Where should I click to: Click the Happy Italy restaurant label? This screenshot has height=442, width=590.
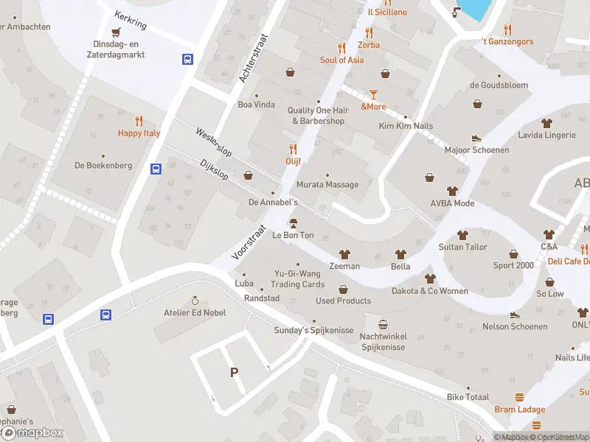click(139, 133)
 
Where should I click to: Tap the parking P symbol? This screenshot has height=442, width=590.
click(235, 373)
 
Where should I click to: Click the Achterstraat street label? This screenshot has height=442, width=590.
click(255, 58)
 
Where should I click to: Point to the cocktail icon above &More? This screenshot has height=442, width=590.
click(373, 94)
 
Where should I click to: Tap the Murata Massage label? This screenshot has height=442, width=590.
click(327, 185)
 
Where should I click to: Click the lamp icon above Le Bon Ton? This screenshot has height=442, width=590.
click(293, 223)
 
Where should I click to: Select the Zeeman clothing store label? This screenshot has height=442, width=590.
click(344, 266)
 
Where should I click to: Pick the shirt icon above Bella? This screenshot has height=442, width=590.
click(400, 253)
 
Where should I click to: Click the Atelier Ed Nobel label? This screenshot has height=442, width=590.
click(195, 312)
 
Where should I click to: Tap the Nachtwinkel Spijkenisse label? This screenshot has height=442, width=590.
click(383, 341)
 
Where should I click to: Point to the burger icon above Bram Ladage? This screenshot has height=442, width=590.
click(520, 397)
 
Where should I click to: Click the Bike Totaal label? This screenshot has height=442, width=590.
click(468, 397)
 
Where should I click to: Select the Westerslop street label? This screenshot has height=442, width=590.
click(214, 143)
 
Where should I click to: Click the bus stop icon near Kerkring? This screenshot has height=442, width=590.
click(188, 60)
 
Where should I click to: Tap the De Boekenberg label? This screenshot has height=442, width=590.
click(103, 166)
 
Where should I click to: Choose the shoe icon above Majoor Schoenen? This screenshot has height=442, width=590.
click(476, 137)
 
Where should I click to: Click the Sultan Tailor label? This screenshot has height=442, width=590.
click(462, 247)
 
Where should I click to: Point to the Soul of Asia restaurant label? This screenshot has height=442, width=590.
click(341, 60)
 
